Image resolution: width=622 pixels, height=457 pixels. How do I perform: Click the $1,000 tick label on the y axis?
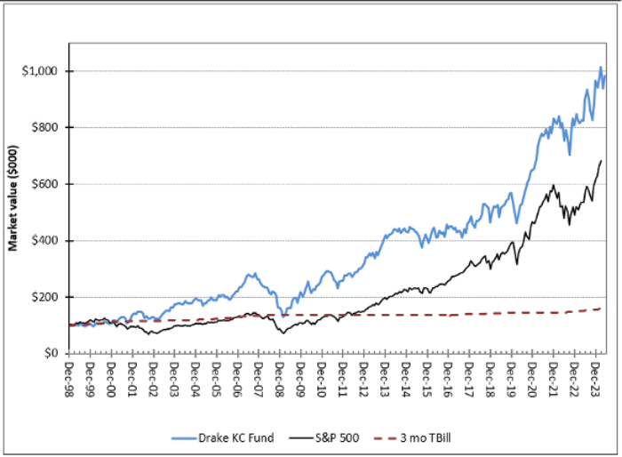tap(42, 71)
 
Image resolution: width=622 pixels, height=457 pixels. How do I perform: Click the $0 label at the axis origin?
tap(52, 354)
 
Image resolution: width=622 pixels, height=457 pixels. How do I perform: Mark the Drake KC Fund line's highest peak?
tap(601, 67)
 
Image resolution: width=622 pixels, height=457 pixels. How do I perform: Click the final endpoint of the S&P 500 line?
tap(602, 161)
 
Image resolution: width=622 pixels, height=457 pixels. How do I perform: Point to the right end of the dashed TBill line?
tap(602, 309)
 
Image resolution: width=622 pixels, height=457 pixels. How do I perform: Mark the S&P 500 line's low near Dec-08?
tap(283, 333)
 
